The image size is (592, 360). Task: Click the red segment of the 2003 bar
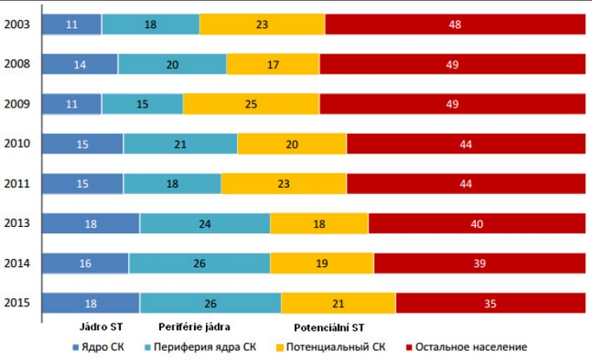point(454,25)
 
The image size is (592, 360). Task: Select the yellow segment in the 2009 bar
point(251,104)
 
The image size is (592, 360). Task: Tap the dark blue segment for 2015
point(91,303)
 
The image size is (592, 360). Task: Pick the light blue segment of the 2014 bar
point(199,263)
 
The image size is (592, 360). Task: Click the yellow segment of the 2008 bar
point(273,64)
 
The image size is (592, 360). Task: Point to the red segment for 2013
point(479,224)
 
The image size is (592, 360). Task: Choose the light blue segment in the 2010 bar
point(180,144)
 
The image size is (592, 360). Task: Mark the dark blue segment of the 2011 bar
point(82,184)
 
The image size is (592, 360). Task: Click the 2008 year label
point(18,64)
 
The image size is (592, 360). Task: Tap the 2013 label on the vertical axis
point(18,224)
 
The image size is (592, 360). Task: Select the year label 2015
point(18,303)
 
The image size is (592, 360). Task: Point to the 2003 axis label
point(18,25)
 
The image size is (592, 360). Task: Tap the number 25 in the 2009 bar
point(251,104)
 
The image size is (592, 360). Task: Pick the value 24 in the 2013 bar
point(205,224)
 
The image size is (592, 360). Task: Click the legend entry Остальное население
point(471,346)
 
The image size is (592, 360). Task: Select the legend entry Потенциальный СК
point(336,346)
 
